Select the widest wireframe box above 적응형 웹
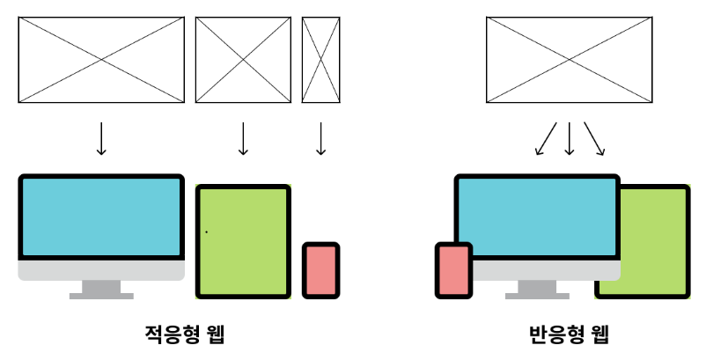[102, 60]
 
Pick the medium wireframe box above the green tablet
[243, 60]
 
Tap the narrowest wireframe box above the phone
[320, 60]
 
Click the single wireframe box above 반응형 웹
[569, 60]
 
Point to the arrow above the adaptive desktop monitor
[102, 138]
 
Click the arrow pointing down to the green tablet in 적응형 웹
[243, 138]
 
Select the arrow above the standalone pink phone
[320, 138]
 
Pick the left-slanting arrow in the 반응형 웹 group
[547, 139]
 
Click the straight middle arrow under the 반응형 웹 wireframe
[570, 138]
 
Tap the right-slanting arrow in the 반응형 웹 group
[594, 139]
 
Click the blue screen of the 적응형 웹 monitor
[102, 217]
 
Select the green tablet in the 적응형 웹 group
[243, 240]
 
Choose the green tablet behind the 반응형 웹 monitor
[656, 238]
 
